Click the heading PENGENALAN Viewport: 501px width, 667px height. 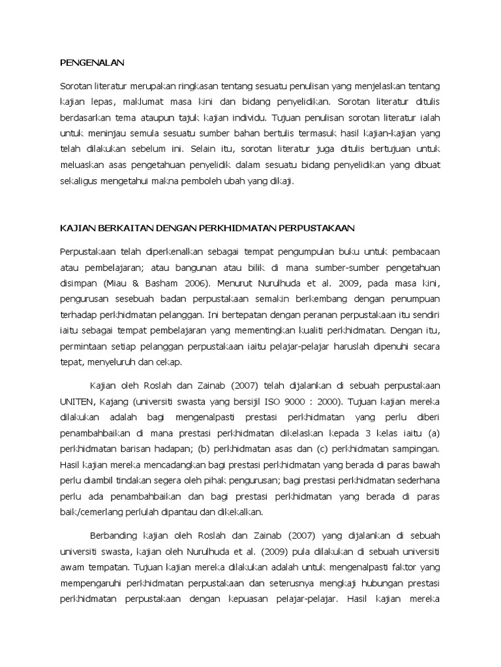click(x=91, y=63)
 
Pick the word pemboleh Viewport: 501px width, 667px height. click(x=208, y=182)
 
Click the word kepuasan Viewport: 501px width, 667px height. click(x=271, y=599)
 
